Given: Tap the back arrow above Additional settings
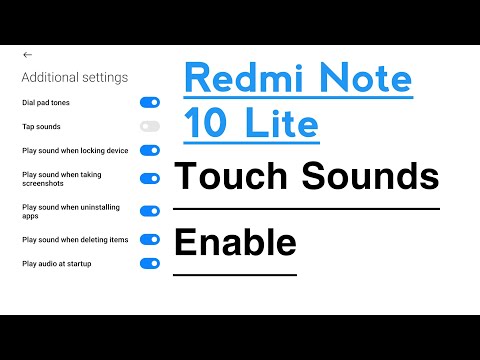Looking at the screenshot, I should click(x=27, y=54).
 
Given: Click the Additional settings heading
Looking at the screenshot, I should click(x=74, y=77).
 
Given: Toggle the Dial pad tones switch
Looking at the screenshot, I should click(x=150, y=102).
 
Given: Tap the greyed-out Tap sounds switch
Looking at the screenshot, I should click(x=150, y=126).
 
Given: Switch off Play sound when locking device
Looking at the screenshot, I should click(x=150, y=150).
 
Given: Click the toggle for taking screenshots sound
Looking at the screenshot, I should click(x=150, y=178).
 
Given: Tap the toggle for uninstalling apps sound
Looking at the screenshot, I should click(x=150, y=211).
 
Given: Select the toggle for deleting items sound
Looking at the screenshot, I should click(x=150, y=239).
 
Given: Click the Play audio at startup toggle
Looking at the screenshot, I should click(x=150, y=263).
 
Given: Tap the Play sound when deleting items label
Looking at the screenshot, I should click(x=74, y=239).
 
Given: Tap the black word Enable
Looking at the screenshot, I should click(x=235, y=242).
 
